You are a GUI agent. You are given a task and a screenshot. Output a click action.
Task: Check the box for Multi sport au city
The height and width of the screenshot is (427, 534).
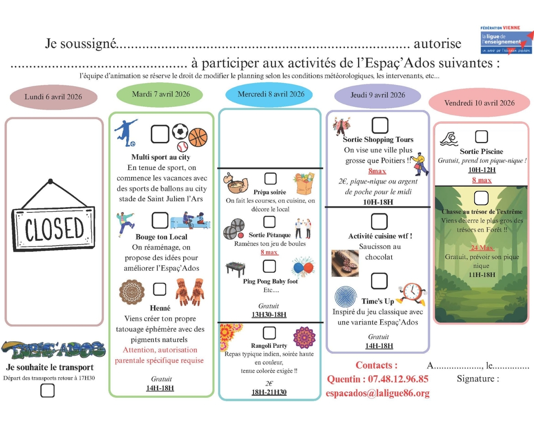tap(160, 134)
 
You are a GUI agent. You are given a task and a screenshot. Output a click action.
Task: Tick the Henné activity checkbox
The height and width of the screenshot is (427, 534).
tap(159, 289)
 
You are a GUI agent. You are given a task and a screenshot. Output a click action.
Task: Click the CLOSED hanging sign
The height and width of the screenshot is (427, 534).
tap(54, 228)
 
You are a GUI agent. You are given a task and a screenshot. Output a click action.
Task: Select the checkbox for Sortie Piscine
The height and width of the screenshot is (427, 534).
tap(481, 137)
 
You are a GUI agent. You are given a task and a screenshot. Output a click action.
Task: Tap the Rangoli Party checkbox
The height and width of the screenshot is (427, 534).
tap(269, 333)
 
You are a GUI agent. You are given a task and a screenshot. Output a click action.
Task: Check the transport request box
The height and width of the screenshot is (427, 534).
tap(47, 391)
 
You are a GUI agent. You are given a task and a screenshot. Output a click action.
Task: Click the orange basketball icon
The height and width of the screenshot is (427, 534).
tap(198, 137)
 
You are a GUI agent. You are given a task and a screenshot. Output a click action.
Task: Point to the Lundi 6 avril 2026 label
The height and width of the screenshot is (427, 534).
tap(53, 97)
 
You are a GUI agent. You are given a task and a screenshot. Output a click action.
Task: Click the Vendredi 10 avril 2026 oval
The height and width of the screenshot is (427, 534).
tap(479, 103)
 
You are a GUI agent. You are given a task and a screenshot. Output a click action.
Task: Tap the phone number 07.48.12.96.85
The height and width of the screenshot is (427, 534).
tap(398, 379)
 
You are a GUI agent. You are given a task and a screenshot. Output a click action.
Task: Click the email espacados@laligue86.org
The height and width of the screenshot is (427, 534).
tap(378, 393)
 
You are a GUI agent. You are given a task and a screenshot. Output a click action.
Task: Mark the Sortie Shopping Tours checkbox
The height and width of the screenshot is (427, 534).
tap(380, 125)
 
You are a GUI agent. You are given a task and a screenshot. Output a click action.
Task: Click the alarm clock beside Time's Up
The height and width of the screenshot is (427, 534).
tap(413, 293)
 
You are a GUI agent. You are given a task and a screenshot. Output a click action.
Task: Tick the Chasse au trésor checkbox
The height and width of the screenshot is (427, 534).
tap(481, 198)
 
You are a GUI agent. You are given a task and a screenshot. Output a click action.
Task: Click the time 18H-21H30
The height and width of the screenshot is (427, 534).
tap(269, 392)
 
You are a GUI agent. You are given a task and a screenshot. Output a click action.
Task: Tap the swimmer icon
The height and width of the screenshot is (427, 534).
tap(449, 139)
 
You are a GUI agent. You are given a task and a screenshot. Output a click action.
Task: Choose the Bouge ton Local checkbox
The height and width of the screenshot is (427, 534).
tap(160, 220)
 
